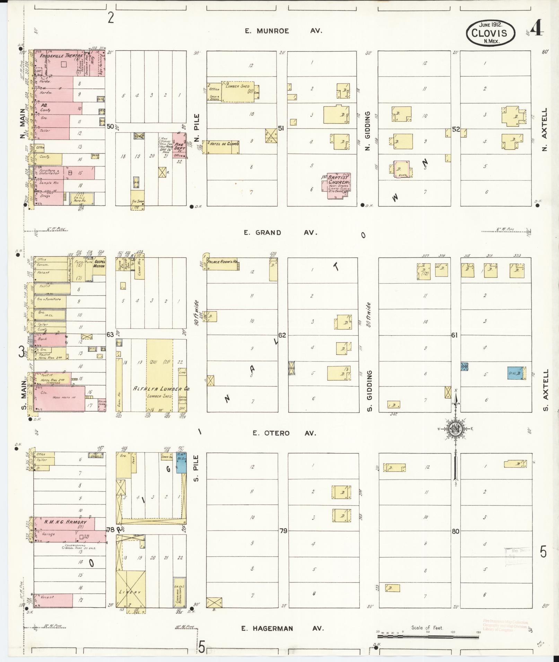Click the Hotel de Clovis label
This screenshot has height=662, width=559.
point(224,143)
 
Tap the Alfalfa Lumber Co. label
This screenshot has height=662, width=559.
point(161,389)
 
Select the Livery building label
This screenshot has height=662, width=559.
point(130,592)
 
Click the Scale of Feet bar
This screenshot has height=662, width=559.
point(428,636)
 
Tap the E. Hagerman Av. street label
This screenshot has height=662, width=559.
point(282,628)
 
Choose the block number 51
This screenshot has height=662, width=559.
point(281,128)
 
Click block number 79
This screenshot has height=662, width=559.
point(283,531)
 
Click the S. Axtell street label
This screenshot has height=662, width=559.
point(545,390)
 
